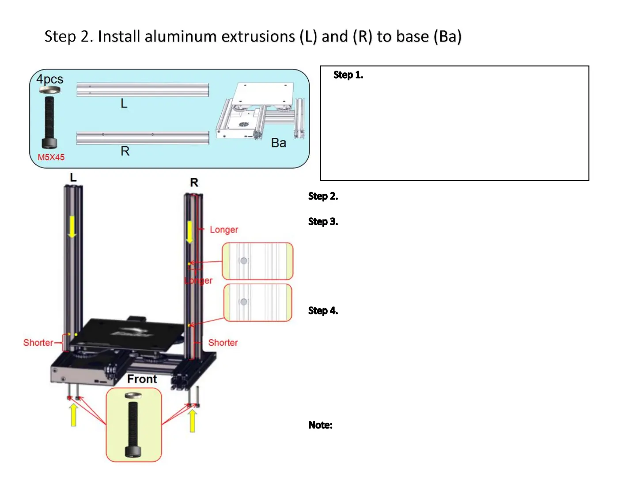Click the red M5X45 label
click(x=51, y=157)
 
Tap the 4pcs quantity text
click(x=49, y=79)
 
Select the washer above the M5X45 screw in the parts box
click(x=49, y=90)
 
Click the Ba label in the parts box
click(x=278, y=143)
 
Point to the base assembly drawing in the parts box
click(x=261, y=111)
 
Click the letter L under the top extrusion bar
click(x=124, y=103)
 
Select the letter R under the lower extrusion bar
click(x=125, y=151)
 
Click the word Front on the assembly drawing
click(x=142, y=379)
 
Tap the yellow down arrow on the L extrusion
click(x=72, y=226)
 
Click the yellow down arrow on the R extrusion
click(x=189, y=231)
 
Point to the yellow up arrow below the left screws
click(x=73, y=415)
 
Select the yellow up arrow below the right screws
click(x=192, y=420)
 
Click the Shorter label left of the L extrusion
click(x=38, y=343)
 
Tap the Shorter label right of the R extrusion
click(x=223, y=343)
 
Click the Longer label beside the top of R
click(x=223, y=230)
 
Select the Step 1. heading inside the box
click(x=348, y=75)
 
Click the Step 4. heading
click(x=323, y=311)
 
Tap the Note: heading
click(x=320, y=425)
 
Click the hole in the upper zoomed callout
click(x=243, y=261)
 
